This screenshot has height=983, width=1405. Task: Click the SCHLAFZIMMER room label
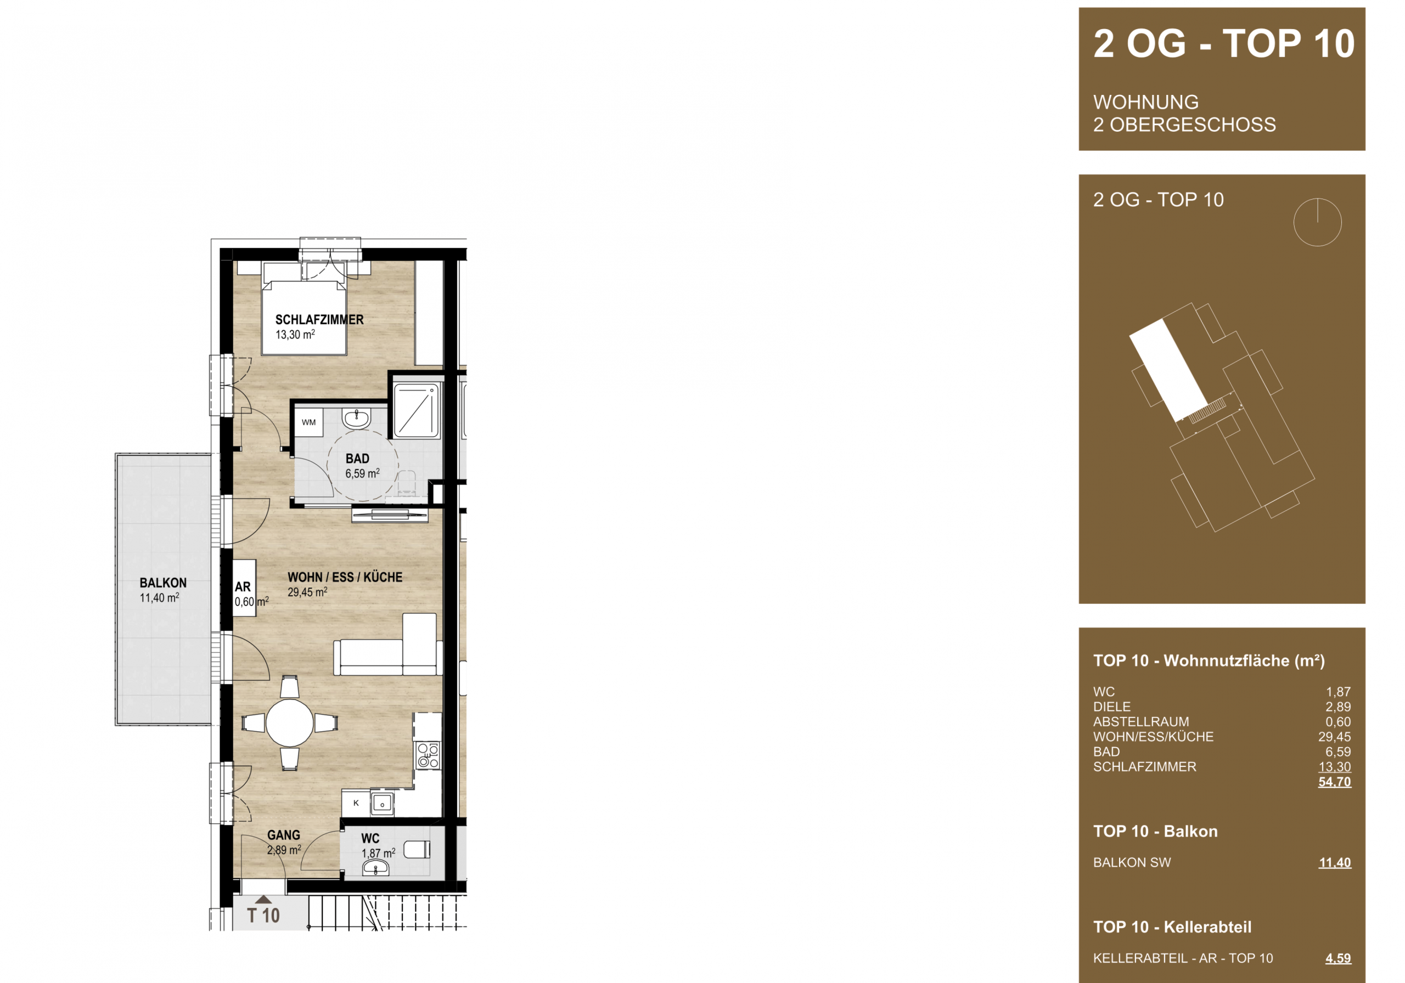tap(319, 319)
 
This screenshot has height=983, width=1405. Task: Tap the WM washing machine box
tap(308, 422)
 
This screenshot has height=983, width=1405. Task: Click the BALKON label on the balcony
tap(163, 583)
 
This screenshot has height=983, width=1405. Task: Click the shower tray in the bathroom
tap(416, 410)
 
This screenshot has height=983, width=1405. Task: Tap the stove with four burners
tap(428, 755)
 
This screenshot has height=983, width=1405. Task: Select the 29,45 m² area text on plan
tap(307, 592)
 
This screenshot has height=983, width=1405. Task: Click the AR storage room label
tap(243, 586)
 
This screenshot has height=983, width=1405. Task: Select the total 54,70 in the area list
tap(1335, 782)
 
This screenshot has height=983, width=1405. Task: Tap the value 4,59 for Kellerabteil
tap(1338, 958)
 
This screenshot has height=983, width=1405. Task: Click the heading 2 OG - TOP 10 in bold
tap(1224, 44)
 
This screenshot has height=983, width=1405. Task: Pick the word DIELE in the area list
tap(1112, 707)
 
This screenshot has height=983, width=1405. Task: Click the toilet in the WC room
tap(419, 850)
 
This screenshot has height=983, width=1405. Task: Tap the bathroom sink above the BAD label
tap(356, 419)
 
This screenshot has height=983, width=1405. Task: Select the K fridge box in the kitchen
tap(356, 803)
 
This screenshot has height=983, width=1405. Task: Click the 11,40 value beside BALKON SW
tap(1335, 862)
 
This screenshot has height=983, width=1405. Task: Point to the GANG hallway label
tap(283, 835)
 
